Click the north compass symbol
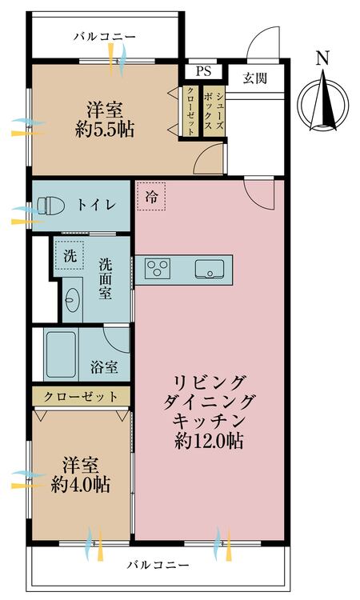323,100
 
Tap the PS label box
202,70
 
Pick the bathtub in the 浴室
61,354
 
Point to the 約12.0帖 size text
209,440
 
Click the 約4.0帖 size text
81,484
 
